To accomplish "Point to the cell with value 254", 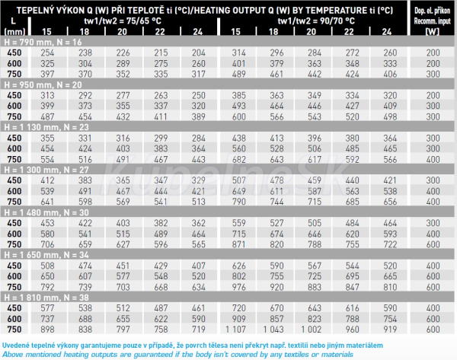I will (48, 53).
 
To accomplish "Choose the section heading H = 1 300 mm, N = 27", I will (46, 169).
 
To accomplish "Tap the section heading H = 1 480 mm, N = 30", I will (46, 212).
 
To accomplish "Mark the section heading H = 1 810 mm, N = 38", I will (46, 296).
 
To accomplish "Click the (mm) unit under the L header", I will (14, 31).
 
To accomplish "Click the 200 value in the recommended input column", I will (433, 53).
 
